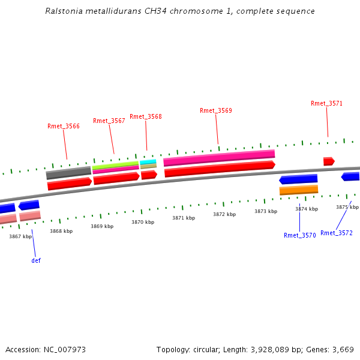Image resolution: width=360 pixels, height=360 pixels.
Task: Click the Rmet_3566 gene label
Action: pyautogui.click(x=64, y=126)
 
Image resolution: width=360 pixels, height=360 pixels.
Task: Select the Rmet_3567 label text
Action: pyautogui.click(x=109, y=121)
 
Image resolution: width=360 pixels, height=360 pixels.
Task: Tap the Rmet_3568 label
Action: pyautogui.click(x=146, y=116)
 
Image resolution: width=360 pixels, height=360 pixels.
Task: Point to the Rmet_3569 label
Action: pyautogui.click(x=216, y=110)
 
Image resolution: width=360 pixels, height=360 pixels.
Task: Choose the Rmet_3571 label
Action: pyautogui.click(x=327, y=103)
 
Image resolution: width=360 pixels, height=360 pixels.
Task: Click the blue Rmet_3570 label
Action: pyautogui.click(x=300, y=235)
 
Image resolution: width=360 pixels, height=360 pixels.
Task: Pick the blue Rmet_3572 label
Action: pyautogui.click(x=337, y=233)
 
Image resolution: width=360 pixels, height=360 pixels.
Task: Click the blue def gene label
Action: pyautogui.click(x=36, y=260)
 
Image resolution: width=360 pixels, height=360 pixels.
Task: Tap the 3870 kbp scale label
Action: pyautogui.click(x=143, y=222)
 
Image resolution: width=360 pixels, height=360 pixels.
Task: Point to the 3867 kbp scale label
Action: pyautogui.click(x=20, y=236)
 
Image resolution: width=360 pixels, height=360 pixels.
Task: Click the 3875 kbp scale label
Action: pyautogui.click(x=347, y=207)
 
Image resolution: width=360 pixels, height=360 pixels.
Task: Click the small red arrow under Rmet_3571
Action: pyautogui.click(x=329, y=161)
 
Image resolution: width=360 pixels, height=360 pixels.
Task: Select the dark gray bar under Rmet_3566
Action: pyautogui.click(x=68, y=173)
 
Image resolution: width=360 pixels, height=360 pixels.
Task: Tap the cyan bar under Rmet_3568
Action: pyautogui.click(x=148, y=161)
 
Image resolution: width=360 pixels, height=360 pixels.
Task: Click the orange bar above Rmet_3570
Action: pyautogui.click(x=298, y=190)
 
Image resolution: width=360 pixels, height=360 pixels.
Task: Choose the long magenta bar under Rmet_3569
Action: pyautogui.click(x=219, y=157)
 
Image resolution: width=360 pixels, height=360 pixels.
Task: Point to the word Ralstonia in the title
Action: pyautogui.click(x=65, y=11)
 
